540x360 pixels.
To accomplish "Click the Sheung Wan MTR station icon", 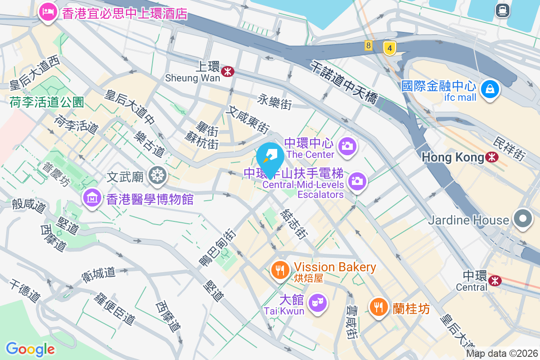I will tap(228, 70).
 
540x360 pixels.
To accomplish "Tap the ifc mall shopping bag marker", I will tap(490, 89).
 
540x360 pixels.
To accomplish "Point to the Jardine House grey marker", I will tap(522, 220).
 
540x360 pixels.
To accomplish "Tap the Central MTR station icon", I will tap(495, 281).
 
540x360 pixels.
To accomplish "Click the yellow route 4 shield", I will tap(390, 47).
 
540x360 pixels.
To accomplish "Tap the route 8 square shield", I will tap(369, 45).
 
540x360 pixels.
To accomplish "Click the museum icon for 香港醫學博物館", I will tap(92, 198).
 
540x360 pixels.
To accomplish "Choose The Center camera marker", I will tap(347, 146).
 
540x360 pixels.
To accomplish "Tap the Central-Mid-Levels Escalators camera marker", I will tap(357, 181).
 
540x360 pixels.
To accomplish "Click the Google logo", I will tap(30, 349).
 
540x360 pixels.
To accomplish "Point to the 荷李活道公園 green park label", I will tap(47, 102).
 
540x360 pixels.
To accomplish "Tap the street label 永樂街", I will tap(274, 102).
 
